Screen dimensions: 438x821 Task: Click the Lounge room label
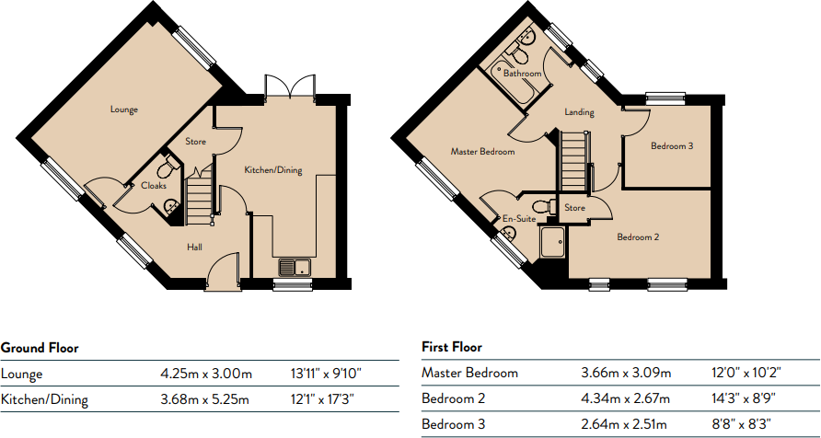click(124, 109)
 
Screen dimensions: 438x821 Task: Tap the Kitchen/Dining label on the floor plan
click(272, 170)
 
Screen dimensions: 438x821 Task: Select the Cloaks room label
click(154, 185)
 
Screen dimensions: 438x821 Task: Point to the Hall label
click(194, 247)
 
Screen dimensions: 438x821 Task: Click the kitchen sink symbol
click(295, 268)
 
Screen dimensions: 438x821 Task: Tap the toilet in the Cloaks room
click(168, 167)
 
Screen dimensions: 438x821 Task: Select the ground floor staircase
click(201, 197)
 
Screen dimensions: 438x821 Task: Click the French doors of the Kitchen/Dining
click(290, 87)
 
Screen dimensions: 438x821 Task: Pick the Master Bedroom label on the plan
click(482, 152)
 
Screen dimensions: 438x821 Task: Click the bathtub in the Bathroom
click(515, 82)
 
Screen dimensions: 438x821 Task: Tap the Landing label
click(579, 113)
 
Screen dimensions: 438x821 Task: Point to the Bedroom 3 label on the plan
click(672, 145)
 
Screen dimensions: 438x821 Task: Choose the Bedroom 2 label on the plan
click(638, 237)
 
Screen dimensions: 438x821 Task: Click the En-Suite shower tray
click(554, 242)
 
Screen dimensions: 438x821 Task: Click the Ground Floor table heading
click(40, 348)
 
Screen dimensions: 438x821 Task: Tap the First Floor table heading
click(452, 347)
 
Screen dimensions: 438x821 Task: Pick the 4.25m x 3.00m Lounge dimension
click(206, 375)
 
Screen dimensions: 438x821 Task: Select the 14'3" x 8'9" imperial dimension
click(742, 398)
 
